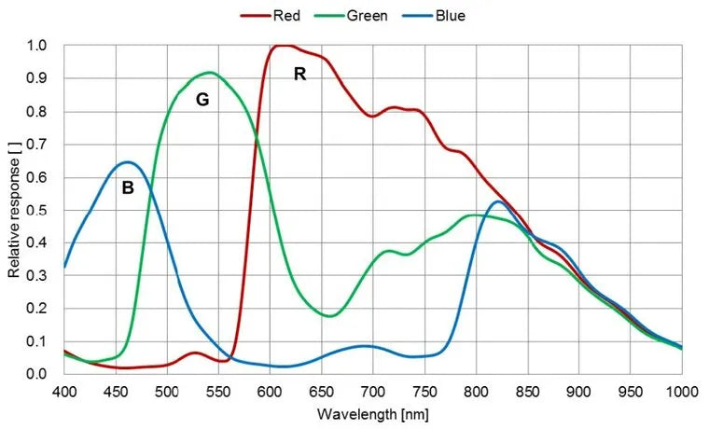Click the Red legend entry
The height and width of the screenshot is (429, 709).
277,15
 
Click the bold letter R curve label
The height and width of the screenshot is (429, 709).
299,74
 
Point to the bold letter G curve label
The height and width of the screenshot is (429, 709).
202,100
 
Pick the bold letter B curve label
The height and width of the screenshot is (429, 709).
128,187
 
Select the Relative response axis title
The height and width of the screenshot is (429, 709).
14,210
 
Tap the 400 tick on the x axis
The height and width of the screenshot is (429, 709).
64,390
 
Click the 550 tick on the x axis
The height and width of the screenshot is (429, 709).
218,390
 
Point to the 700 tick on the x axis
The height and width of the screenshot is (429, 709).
373,390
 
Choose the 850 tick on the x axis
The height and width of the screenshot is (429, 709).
527,390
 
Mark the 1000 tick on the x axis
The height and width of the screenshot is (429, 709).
680,390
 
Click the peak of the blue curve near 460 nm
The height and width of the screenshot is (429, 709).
128,162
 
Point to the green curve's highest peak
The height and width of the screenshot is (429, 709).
209,73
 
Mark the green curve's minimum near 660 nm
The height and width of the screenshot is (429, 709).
330,316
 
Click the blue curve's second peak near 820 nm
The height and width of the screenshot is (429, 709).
498,201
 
